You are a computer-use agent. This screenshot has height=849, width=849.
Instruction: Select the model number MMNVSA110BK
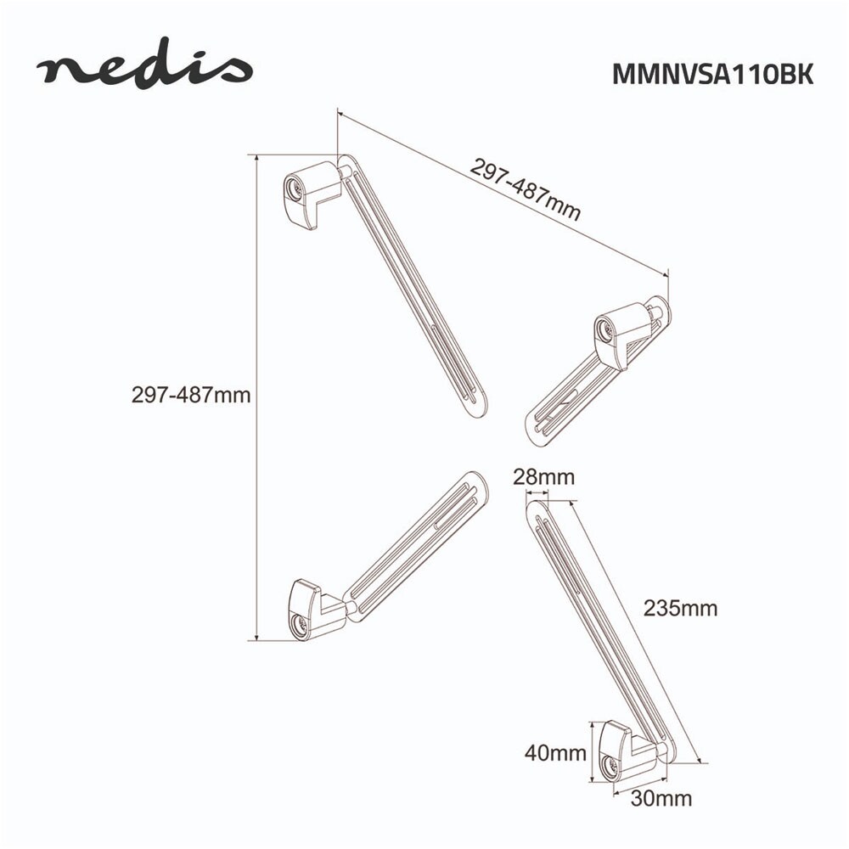pos(712,74)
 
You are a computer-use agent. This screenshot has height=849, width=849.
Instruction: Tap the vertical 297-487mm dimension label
pos(191,395)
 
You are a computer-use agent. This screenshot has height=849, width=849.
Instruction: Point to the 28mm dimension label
pos(543,477)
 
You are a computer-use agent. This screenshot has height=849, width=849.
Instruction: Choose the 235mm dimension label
pos(680,608)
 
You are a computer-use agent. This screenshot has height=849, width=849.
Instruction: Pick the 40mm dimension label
pos(555,752)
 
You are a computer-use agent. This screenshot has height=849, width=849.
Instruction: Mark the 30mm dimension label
pos(661,799)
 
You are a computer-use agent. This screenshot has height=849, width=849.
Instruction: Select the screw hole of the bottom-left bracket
pos(298,624)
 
